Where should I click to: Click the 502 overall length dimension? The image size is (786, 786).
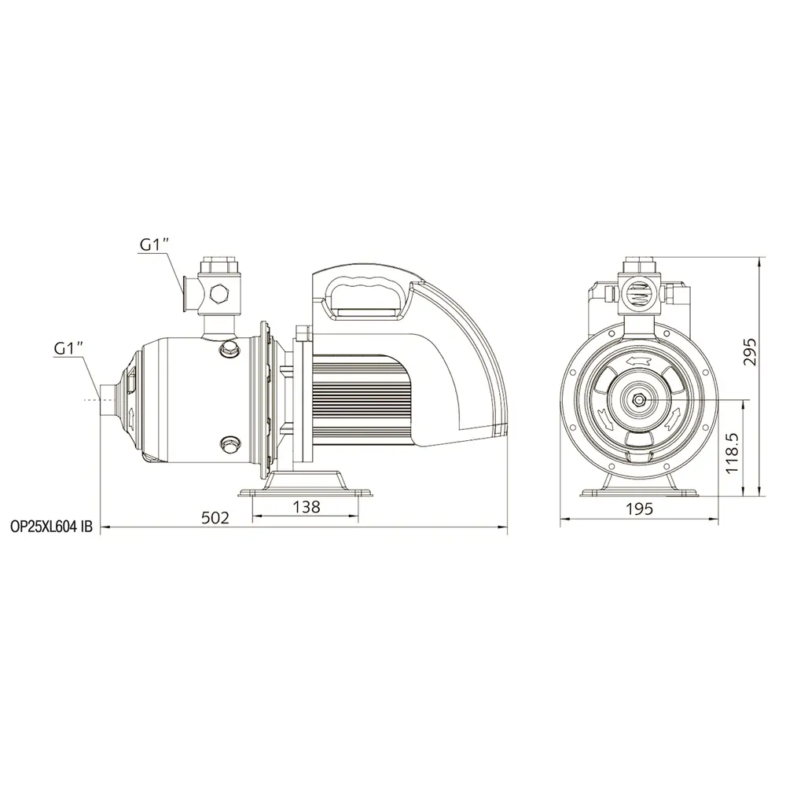(x=215, y=517)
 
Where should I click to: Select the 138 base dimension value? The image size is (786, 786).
(x=307, y=507)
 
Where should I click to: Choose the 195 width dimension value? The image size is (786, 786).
(x=640, y=509)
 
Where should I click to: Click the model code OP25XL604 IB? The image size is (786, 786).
(x=52, y=527)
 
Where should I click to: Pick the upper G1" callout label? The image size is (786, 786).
(x=154, y=244)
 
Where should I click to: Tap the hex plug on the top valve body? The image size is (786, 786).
(x=218, y=293)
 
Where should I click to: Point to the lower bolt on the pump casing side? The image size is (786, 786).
(x=229, y=443)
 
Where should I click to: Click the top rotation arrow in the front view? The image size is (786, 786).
(x=638, y=360)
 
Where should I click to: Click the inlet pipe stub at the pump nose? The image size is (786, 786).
(x=108, y=399)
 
